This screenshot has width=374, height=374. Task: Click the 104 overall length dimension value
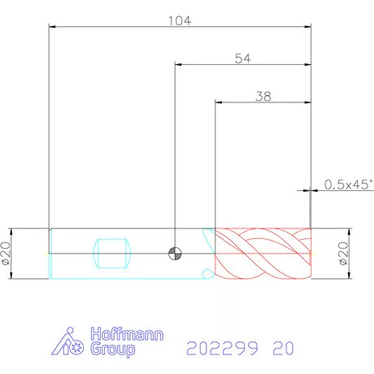click(x=180, y=20)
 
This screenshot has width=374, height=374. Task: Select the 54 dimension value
click(x=243, y=59)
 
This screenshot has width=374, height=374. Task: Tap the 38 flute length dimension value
click(x=263, y=97)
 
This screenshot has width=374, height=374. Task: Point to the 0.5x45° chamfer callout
click(x=349, y=185)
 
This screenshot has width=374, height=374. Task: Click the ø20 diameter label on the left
click(x=6, y=254)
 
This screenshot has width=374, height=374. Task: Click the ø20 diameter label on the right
click(x=343, y=254)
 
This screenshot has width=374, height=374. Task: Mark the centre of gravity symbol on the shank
click(x=175, y=254)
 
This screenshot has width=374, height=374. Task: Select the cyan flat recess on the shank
click(x=112, y=254)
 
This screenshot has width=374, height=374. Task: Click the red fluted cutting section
click(x=263, y=254)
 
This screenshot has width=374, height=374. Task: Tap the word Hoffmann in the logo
click(x=127, y=334)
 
